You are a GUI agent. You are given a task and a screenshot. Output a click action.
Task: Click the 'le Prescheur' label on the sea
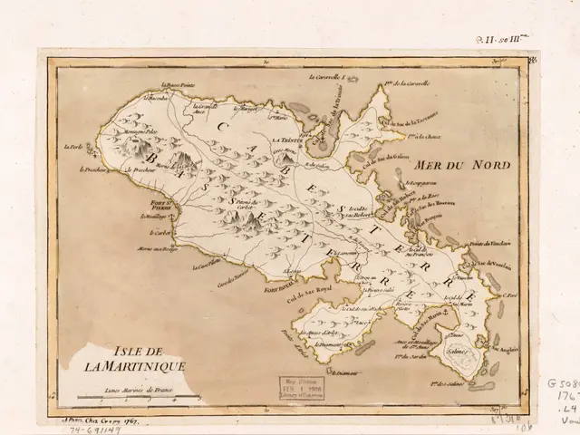(94, 169)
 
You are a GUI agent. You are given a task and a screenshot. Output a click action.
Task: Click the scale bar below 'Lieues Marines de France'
(136, 397)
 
